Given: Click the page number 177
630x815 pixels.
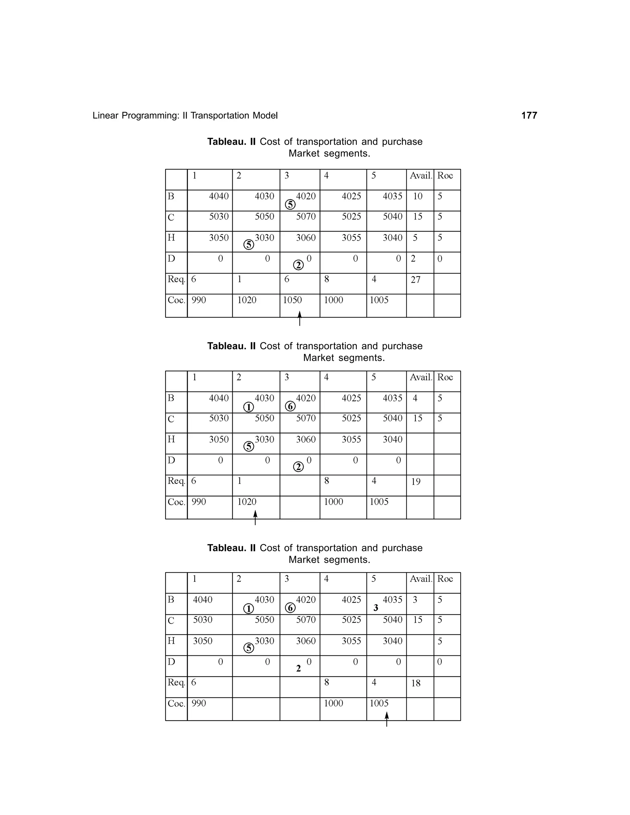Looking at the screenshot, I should click(529, 115).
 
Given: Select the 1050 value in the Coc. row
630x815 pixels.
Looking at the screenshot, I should click(292, 300).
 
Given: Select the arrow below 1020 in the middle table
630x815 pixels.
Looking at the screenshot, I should click(255, 518).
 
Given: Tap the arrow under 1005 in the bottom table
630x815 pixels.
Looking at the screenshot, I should click(387, 719).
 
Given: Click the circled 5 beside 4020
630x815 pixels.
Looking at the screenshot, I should click(290, 205).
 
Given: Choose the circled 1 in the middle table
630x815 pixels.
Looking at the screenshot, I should click(249, 407).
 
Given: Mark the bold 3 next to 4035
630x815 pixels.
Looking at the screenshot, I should click(376, 608).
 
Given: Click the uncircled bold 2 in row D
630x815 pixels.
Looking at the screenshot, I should click(298, 668).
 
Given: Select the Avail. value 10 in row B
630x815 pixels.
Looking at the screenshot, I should click(417, 196).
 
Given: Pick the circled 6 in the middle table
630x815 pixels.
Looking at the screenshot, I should click(290, 406).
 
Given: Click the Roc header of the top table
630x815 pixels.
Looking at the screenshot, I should click(445, 175).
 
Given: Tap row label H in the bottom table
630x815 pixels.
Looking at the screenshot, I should click(171, 641).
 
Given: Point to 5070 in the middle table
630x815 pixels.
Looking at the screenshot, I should click(306, 418).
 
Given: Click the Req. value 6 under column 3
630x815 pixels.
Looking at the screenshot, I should click(287, 279).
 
